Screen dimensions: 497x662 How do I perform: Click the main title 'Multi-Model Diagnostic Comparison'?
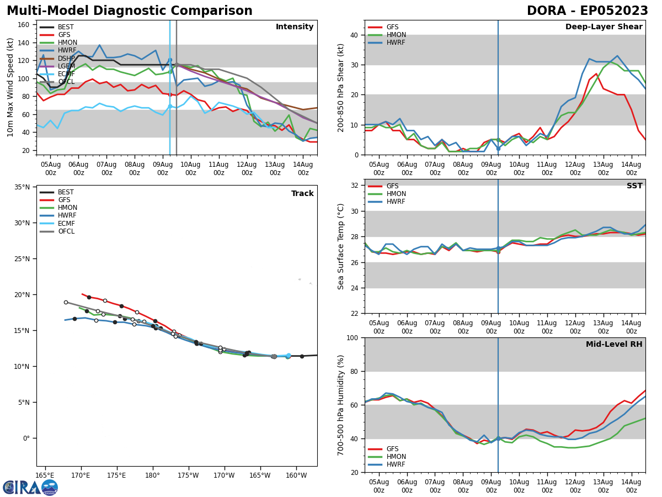pos(129,11)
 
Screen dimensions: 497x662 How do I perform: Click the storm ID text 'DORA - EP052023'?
pos(587,11)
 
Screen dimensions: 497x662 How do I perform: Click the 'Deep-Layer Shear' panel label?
pos(604,27)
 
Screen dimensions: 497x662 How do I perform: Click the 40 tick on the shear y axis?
pos(354,35)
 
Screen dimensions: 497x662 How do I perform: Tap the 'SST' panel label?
pos(634,186)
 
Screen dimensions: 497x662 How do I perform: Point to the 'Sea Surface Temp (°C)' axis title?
pos(341,246)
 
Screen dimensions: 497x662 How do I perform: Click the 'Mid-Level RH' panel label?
pos(614,345)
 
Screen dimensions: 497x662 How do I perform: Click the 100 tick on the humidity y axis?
pos(351,338)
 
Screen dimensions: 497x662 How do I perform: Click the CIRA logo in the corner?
pos(30,487)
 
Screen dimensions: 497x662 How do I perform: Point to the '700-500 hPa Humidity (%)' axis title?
pos(341,405)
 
